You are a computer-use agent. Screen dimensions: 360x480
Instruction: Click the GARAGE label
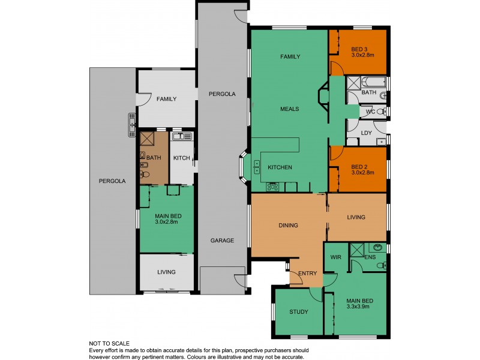point(222,241)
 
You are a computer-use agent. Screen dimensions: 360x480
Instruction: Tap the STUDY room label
point(298,311)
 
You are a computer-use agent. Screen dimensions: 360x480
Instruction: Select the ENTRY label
point(307,274)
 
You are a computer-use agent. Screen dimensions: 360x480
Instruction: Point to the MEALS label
point(289,109)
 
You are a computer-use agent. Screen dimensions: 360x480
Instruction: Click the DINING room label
point(289,226)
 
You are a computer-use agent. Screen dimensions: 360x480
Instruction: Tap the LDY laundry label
point(366,133)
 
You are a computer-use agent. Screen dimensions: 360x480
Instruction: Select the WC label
point(370,112)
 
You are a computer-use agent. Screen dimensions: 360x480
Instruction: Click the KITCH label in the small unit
point(182,158)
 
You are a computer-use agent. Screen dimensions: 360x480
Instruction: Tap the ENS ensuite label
point(370,257)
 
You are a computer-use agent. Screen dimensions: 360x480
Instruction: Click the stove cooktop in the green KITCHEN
point(272,186)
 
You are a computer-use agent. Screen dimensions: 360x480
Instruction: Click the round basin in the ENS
point(377,247)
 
